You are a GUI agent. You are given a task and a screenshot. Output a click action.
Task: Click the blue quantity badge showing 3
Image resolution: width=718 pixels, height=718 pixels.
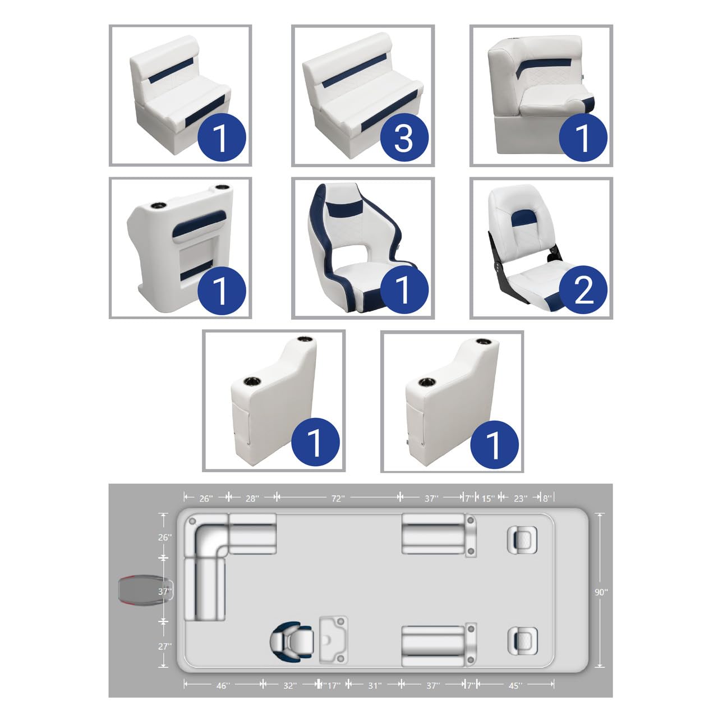[404, 137]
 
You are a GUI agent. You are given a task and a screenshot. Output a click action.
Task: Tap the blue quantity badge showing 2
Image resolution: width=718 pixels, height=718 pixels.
[583, 289]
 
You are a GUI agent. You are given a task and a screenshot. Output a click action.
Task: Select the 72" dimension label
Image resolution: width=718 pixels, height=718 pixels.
[337, 498]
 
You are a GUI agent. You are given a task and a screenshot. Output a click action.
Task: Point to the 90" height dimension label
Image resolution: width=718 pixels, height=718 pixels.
[601, 592]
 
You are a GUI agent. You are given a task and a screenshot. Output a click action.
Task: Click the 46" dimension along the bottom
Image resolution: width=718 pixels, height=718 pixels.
[223, 685]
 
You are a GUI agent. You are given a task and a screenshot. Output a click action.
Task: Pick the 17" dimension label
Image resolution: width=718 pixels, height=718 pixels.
[333, 685]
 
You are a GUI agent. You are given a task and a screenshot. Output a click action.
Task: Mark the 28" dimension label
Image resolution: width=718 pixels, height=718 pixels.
[252, 498]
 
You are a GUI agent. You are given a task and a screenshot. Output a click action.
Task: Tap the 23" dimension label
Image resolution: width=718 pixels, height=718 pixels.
[521, 498]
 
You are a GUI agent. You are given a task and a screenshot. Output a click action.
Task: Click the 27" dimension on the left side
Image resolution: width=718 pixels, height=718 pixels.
[164, 646]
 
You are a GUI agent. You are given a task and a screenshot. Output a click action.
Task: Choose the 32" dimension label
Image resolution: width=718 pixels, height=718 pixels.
[289, 685]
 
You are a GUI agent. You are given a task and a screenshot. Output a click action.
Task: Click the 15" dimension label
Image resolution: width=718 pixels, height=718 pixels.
[487, 498]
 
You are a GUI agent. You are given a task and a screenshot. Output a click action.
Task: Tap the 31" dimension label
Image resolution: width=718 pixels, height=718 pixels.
[374, 685]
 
